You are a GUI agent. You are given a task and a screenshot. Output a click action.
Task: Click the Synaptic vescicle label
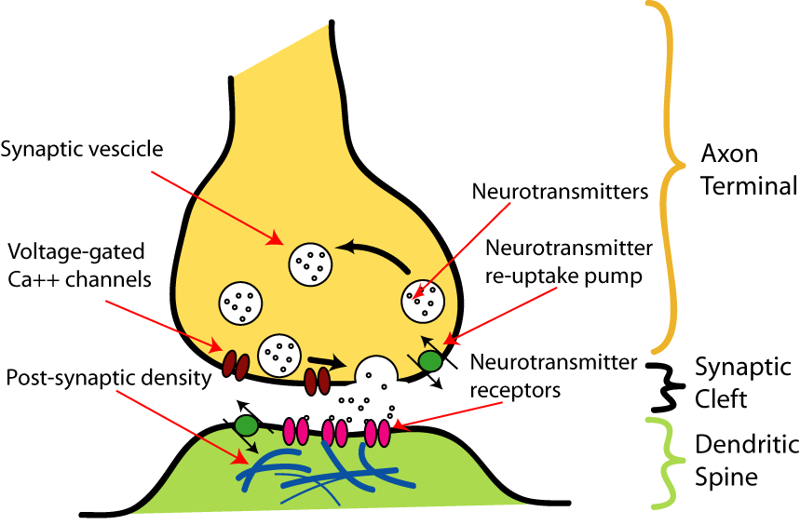coord(82,150)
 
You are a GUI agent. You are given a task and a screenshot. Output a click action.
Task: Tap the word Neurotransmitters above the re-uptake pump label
coord(560,192)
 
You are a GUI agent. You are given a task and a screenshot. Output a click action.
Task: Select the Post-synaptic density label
coord(109,378)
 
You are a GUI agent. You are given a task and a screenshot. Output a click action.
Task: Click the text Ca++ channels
coord(79,279)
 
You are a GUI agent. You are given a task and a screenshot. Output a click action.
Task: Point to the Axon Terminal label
coord(749,169)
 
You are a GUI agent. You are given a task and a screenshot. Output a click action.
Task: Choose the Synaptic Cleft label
coord(743,383)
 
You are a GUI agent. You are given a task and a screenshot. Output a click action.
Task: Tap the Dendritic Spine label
coord(746,461)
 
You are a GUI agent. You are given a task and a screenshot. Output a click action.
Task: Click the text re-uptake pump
coord(563,276)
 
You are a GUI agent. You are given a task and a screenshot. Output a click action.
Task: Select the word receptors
coord(515,390)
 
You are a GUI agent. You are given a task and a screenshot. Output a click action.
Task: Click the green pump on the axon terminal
coord(430,361)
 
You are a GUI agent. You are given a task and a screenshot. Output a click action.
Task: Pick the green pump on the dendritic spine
coord(247,425)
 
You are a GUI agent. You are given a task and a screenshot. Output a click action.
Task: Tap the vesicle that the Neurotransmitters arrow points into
coord(423,302)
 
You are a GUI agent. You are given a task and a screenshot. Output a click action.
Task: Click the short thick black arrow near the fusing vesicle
coord(327,362)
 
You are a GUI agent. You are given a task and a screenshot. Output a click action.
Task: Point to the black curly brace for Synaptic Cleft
coord(666,386)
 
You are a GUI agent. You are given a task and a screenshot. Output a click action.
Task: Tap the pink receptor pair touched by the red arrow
coord(377,433)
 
